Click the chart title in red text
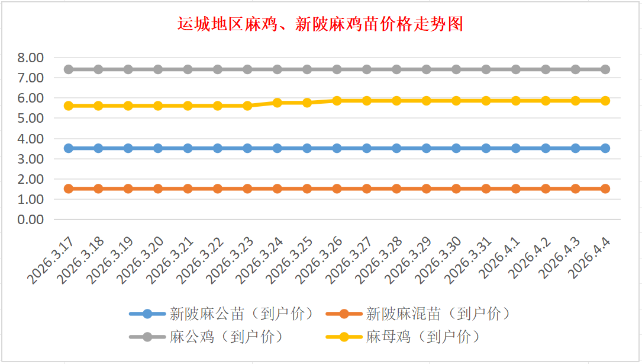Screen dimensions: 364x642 320,24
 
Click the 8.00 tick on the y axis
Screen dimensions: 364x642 31,58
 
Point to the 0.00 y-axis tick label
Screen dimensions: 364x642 31,219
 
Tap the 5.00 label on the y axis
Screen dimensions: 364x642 31,118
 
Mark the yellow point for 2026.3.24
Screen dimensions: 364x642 278,103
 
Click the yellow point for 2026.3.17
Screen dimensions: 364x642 69,106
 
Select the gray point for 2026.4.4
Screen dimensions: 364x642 605,69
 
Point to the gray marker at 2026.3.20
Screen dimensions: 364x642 158,69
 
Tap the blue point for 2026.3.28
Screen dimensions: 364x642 396,148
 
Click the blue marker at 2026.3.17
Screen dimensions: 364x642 69,148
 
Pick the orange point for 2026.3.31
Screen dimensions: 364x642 486,189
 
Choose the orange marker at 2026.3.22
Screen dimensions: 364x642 218,189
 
